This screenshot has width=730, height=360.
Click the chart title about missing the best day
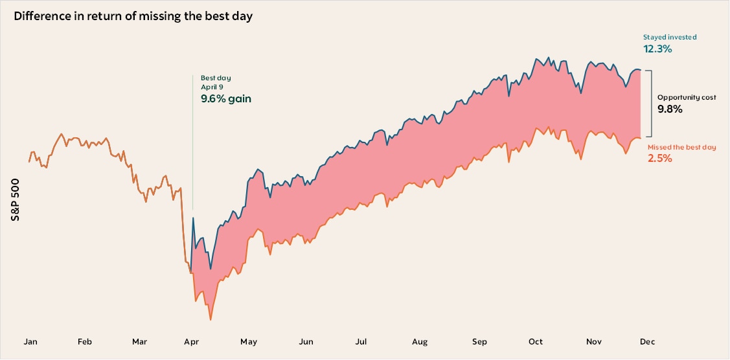133,16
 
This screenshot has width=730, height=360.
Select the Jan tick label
30,341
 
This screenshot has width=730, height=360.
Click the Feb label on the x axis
85,341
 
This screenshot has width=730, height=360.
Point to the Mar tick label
139,341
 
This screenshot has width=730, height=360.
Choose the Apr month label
191,341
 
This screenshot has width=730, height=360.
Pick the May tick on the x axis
249,341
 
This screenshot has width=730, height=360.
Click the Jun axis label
306,341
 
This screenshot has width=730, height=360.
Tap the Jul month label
361,341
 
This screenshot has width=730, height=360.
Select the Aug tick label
419,341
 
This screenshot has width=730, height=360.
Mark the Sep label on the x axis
479,341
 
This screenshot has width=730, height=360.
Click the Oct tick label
536,341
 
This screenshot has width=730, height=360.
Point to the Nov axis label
594,341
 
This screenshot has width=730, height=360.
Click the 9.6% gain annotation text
225,99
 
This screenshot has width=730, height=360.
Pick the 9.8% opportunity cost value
670,109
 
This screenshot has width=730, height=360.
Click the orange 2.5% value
659,158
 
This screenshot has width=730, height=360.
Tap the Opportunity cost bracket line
650,104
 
